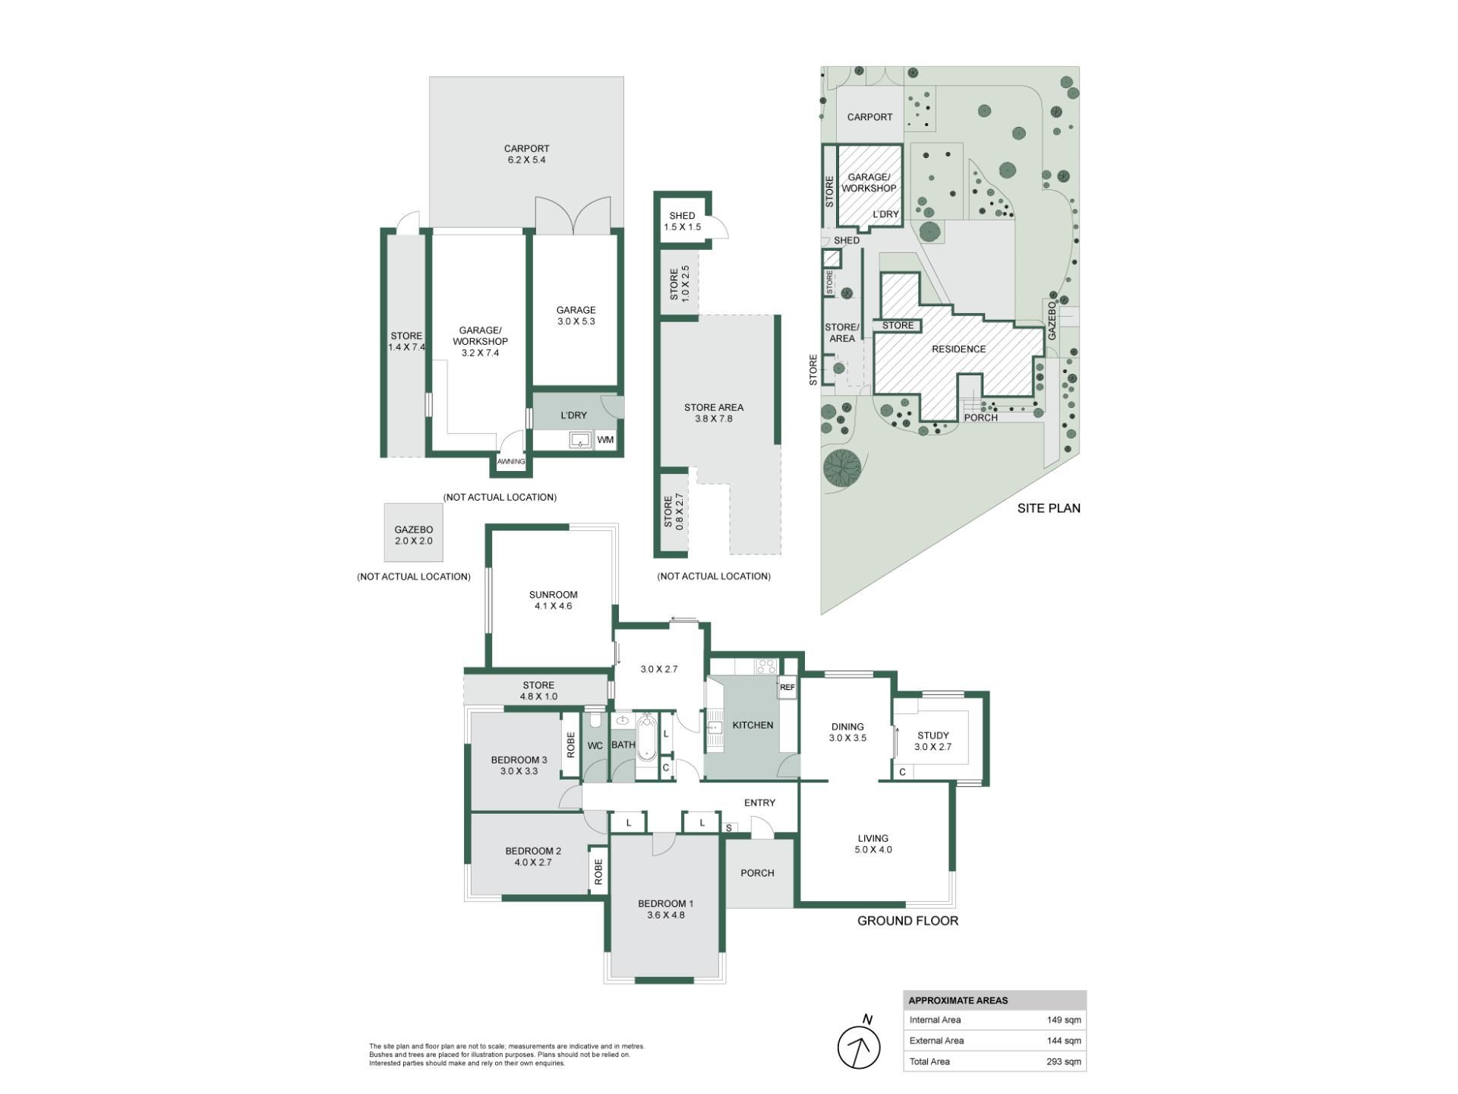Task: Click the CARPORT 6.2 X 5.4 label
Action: [526, 154]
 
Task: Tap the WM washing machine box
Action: [605, 440]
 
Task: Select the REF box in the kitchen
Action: [787, 687]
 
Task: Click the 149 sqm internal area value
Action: [1063, 1020]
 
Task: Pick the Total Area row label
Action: [929, 1061]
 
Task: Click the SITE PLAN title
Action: [1049, 508]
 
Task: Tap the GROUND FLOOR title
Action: [907, 921]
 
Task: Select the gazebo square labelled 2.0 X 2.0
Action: [414, 533]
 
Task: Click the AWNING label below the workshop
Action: [511, 462]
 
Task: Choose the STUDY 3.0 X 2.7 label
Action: [933, 741]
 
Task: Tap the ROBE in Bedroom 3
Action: [570, 745]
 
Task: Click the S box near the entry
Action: [729, 827]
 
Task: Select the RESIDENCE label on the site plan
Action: [958, 349]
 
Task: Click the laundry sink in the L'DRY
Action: [581, 440]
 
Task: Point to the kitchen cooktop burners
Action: [765, 667]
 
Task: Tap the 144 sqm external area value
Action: [1063, 1041]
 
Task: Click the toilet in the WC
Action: [595, 719]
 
